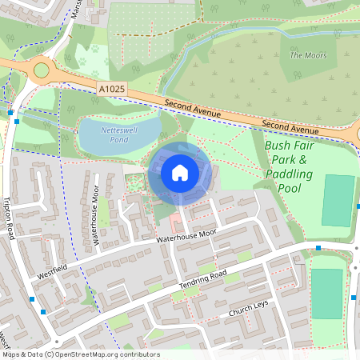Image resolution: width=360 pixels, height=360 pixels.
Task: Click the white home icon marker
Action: [180, 172]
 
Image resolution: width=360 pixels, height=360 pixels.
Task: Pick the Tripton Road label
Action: [9, 216]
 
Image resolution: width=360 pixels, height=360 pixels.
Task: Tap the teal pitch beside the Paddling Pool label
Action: [338, 200]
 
